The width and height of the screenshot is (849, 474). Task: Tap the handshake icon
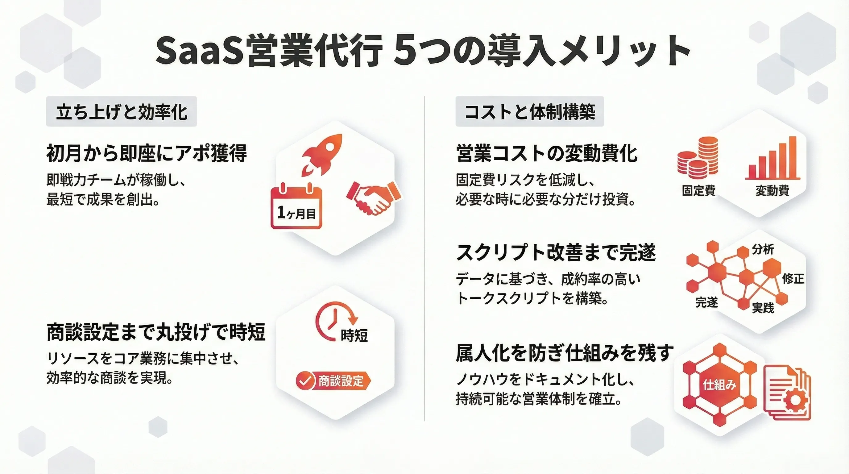[374, 197]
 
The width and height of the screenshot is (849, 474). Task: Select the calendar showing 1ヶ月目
[296, 206]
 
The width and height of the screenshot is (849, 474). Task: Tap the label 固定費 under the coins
[698, 190]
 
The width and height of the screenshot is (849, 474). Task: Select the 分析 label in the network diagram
[763, 249]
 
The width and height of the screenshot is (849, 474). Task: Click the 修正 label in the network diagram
[793, 279]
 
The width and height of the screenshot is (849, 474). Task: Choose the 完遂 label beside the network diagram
[706, 302]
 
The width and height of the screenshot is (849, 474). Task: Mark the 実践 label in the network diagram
[763, 308]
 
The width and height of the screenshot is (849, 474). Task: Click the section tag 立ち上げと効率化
[121, 111]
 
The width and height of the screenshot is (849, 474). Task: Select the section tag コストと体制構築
[530, 111]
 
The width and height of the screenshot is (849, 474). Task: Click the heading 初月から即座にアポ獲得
[146, 153]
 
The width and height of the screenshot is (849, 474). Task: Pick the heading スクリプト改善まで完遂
[556, 252]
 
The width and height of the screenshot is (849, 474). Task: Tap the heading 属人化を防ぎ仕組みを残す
[565, 353]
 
